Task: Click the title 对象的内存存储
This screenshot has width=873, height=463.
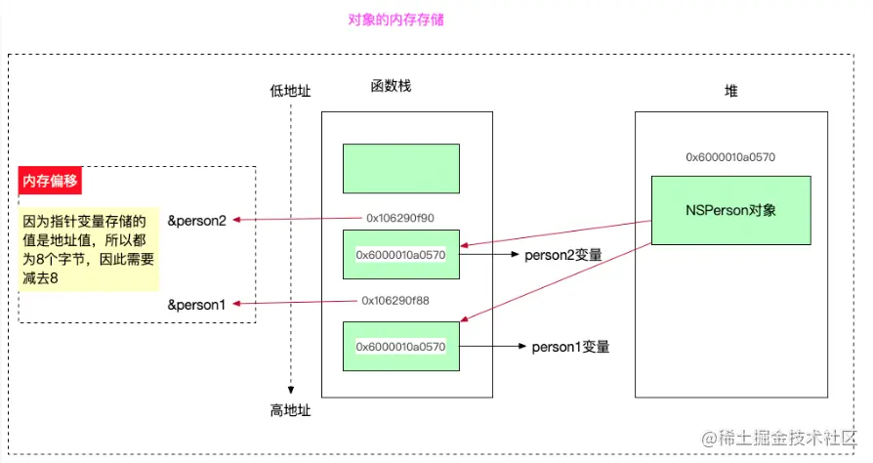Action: coord(395,20)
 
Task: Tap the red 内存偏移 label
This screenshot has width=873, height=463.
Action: coord(51,181)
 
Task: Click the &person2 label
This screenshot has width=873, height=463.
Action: coord(196,221)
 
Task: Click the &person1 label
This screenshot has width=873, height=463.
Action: coord(196,305)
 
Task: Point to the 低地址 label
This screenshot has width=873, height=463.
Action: coord(290,91)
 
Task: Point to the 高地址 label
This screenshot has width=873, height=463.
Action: coord(290,410)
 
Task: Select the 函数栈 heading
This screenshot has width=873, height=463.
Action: coord(391,86)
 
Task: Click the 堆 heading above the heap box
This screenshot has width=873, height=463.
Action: coord(730,91)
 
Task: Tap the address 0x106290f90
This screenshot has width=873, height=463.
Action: coord(400,217)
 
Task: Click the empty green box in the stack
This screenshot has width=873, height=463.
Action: coord(400,168)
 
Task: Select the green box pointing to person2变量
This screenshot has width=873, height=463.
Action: coord(400,255)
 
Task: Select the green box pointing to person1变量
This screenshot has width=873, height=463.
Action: coord(400,346)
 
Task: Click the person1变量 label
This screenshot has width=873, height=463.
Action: coord(570,346)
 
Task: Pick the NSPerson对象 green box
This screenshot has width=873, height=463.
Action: coord(731,210)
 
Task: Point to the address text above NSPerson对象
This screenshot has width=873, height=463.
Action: coord(730,156)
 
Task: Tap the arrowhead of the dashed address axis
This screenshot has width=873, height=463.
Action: coord(291,389)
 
